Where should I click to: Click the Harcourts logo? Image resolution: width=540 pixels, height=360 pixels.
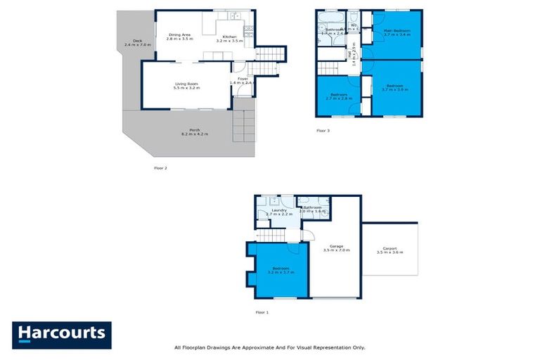coord(61,334)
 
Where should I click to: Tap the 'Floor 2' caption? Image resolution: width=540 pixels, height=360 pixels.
coord(160,168)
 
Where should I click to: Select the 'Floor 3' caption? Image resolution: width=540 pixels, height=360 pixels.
coord(323,131)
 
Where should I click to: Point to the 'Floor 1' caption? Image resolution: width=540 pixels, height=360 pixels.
coord(262,311)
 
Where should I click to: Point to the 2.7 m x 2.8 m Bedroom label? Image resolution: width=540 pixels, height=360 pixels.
coord(340,96)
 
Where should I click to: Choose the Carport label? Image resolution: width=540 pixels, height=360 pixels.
coord(390,250)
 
